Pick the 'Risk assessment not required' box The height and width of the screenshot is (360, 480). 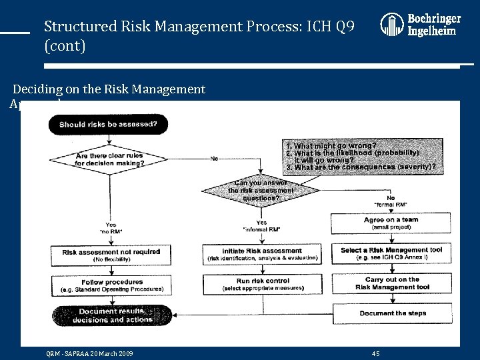pos(111,255)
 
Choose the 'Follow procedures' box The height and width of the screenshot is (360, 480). pos(111,285)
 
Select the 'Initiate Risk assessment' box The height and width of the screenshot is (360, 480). pos(262,254)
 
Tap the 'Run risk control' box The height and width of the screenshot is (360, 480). pos(262,284)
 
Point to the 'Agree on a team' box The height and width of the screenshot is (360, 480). pos(392,223)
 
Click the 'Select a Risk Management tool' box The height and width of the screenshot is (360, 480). pos(392,253)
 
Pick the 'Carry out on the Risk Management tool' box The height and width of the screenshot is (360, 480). pos(392,283)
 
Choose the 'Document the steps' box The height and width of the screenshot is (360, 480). pos(392,313)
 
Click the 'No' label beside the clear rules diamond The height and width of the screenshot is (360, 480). pos(215,159)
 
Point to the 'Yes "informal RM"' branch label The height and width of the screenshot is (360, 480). pos(261,226)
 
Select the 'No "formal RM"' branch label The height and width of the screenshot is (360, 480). pos(391,201)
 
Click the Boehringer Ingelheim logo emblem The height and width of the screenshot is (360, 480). pos(391,25)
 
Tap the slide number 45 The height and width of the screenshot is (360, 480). pos(375,353)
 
